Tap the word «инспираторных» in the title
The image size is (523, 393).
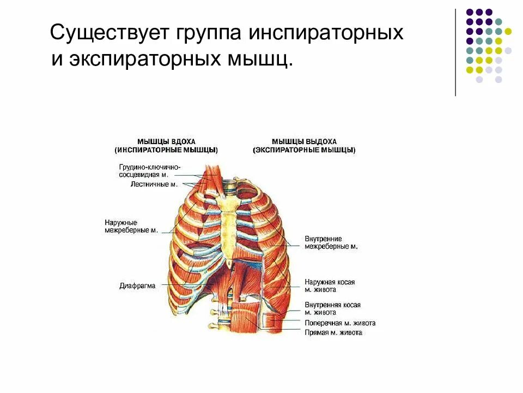(327, 33)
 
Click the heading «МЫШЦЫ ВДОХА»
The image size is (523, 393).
(166, 141)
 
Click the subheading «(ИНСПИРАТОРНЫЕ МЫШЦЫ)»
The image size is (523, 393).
(166, 150)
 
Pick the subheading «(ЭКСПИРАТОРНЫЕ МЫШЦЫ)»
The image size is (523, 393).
(305, 150)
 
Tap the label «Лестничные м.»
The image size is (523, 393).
(154, 184)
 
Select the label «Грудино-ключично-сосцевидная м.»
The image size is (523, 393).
(149, 171)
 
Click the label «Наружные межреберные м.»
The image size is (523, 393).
(131, 227)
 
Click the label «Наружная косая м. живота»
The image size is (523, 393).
(330, 286)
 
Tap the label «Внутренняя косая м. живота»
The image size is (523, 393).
(332, 308)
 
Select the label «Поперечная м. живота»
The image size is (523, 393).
(340, 323)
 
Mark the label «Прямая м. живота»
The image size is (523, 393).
(333, 332)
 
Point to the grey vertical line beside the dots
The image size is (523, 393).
(455, 52)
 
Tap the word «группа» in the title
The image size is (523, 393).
(207, 33)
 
